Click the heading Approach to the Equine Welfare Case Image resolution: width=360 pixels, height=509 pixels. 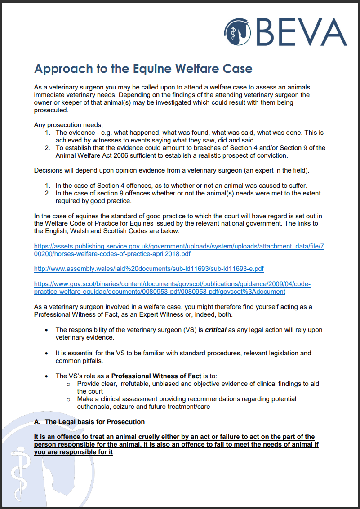pos(143,69)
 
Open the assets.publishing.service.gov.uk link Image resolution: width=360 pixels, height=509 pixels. pos(179,250)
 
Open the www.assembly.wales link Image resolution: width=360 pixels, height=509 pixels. pos(149,269)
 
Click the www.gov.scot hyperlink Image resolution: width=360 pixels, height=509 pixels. pos(172,288)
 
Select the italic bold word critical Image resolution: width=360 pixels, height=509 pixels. pos(216,330)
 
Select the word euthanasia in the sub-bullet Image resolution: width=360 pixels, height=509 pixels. pos(95,407)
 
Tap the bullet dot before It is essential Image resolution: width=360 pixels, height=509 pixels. pos(47,353)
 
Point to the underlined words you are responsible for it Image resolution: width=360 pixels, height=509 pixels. pos(73,452)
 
